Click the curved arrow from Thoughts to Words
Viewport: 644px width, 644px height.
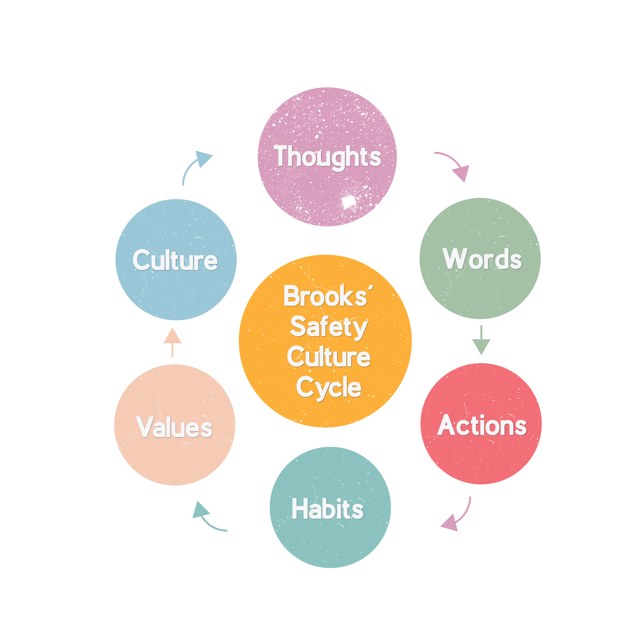tap(455, 164)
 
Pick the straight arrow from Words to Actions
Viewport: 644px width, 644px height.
tap(481, 342)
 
